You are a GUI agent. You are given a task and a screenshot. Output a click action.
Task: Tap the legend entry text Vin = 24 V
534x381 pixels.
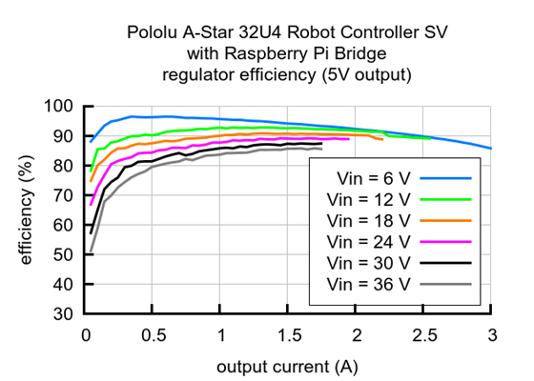pos(367,241)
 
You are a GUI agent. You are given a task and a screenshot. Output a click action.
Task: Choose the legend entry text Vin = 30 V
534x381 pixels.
pos(367,262)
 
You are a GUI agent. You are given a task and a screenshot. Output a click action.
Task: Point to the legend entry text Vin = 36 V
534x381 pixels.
pos(367,283)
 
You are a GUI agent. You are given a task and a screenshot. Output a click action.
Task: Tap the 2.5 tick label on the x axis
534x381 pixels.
pos(424,335)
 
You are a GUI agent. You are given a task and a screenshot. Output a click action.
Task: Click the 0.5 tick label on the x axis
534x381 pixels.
pos(154,335)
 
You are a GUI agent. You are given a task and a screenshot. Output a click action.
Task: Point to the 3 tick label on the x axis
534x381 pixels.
pos(491,335)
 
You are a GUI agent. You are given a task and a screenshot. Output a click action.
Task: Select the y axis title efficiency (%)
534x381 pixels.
pos(26,211)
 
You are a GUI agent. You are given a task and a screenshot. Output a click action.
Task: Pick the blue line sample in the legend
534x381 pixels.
pos(448,178)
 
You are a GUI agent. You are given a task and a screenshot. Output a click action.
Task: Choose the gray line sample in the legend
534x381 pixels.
pos(448,283)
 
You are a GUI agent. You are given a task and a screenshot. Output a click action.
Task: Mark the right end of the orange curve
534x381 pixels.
pos(382,140)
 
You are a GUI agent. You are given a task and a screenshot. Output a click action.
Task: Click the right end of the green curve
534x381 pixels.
pos(430,138)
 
